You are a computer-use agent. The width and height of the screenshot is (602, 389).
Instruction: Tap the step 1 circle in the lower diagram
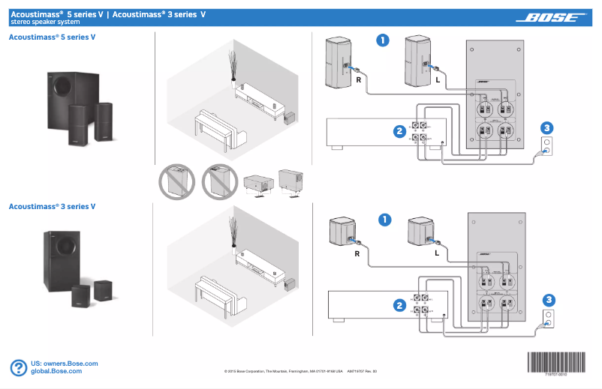click(385, 220)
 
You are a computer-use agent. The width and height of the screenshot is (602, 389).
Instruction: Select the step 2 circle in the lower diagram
click(399, 305)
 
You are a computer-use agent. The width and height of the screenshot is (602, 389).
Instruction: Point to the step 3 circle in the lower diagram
click(548, 300)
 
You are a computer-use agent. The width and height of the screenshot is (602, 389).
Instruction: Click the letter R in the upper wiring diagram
click(358, 79)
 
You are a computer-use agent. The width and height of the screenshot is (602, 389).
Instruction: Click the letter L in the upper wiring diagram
click(437, 79)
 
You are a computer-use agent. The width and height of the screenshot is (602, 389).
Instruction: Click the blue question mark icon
click(19, 367)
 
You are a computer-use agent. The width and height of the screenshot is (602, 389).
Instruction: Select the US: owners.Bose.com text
click(64, 363)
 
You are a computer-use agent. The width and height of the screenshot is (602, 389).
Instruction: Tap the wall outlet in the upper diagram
click(547, 145)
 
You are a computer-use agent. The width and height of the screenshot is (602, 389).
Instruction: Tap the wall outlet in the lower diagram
click(548, 318)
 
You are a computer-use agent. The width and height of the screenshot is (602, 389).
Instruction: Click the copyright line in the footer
click(300, 371)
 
